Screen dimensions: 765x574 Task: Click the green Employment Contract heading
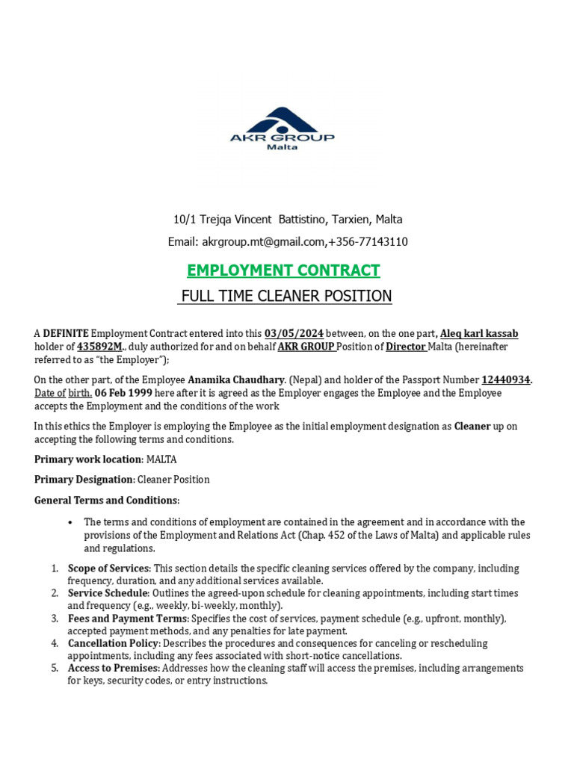pos(283,270)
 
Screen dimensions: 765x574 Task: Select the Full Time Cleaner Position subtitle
pos(285,296)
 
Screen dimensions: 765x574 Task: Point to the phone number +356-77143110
pos(368,242)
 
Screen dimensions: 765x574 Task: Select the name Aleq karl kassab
pos(479,333)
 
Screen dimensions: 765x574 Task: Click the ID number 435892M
pos(99,346)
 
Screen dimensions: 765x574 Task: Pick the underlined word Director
pos(406,346)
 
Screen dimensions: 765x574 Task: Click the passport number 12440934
pos(506,380)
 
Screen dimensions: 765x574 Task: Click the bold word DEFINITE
pos(66,333)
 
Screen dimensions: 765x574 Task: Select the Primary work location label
pos(88,459)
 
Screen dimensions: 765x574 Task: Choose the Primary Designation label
pos(84,479)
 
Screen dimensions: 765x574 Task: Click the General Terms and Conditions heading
pos(107,500)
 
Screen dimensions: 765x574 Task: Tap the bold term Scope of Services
pos(109,569)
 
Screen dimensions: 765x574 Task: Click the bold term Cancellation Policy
pos(113,643)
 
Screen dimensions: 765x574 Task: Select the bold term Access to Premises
pos(113,668)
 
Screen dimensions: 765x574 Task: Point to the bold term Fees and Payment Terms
pos(128,619)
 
